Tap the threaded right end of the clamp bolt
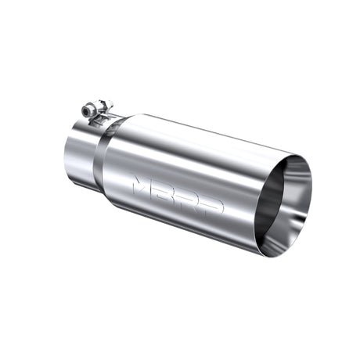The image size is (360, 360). (x=109, y=104)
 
